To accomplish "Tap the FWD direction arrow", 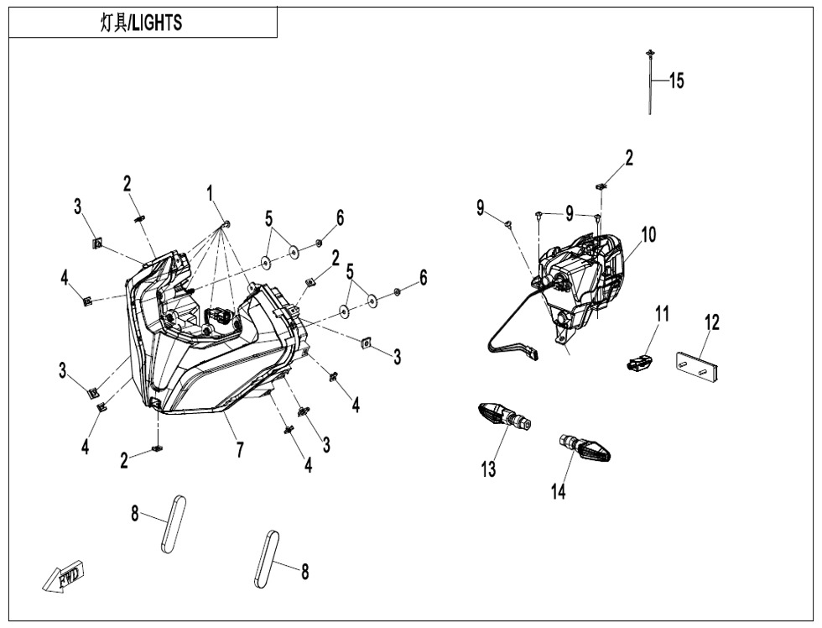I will (x=64, y=578).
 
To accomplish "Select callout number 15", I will (x=676, y=81).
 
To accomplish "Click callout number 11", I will (x=663, y=315).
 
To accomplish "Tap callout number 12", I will (x=712, y=322).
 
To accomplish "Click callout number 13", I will (x=488, y=468).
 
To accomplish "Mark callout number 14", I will (x=559, y=491).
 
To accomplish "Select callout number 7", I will (x=240, y=450).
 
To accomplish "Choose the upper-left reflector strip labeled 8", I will (x=172, y=524).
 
